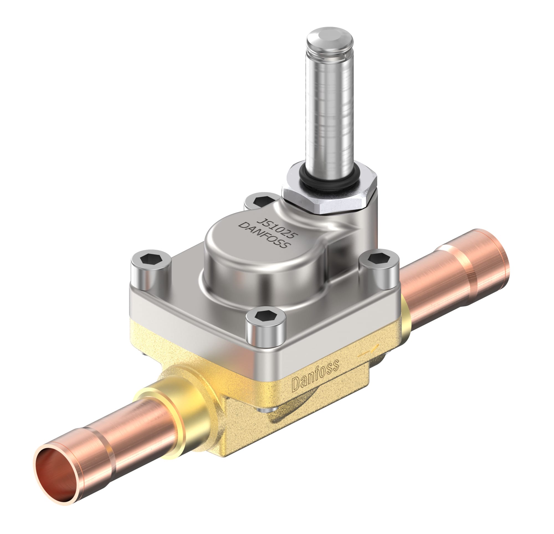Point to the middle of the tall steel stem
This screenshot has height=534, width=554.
(330, 113)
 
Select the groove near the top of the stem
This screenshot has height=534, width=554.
(330, 54)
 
